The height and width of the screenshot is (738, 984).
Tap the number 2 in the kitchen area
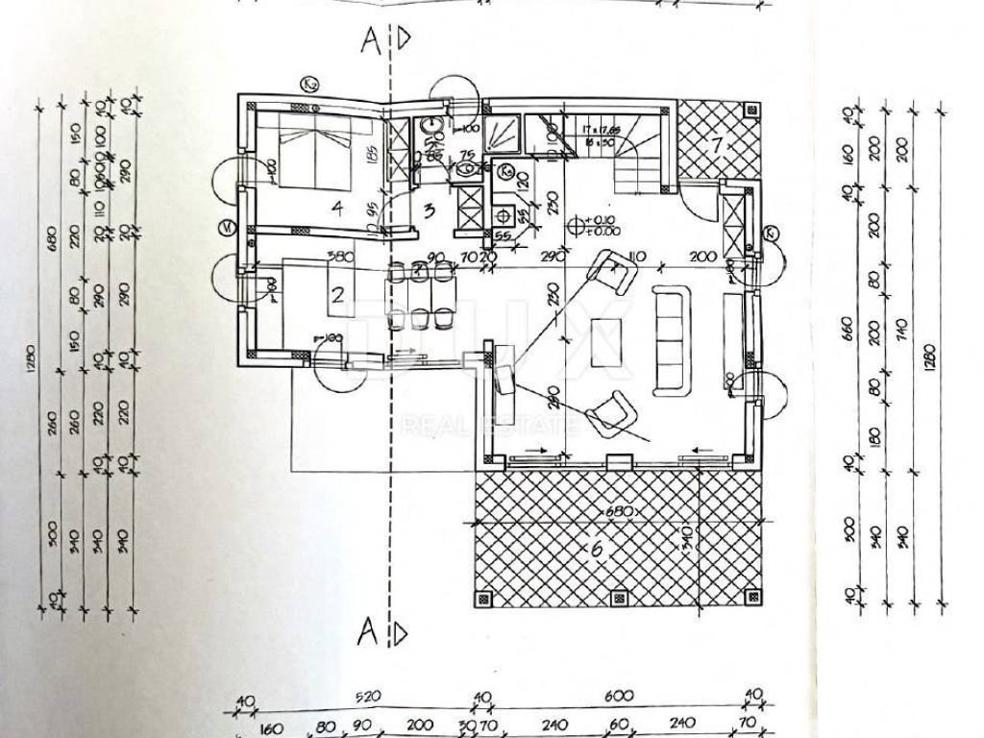point(337,294)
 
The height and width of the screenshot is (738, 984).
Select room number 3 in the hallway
point(430,209)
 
